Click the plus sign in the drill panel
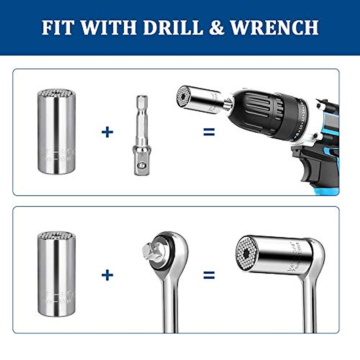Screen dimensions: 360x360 point(107,132)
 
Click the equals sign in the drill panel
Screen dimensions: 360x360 point(209,132)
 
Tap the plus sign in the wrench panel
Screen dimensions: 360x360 point(107,275)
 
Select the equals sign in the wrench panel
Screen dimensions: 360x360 point(209,275)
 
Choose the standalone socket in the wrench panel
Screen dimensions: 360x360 point(56,274)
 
